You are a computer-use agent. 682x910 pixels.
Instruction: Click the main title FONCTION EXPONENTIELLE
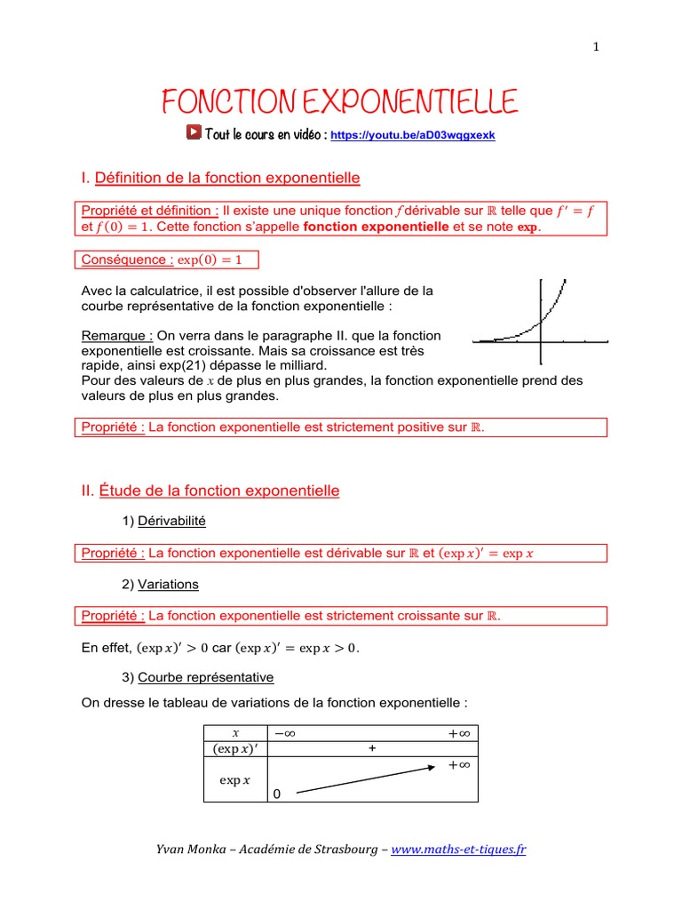(x=338, y=103)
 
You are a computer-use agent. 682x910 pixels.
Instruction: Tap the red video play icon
(x=194, y=132)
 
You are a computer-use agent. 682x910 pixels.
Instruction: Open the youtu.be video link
(x=412, y=135)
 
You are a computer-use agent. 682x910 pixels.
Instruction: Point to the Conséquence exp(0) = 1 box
(x=167, y=259)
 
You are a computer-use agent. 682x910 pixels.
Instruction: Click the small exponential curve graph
(x=541, y=322)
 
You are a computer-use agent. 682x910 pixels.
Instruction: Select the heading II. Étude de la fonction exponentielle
(x=210, y=491)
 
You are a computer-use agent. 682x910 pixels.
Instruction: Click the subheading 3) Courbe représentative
(x=197, y=677)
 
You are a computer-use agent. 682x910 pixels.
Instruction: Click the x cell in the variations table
(x=235, y=732)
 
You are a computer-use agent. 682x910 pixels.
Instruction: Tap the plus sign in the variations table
(x=372, y=749)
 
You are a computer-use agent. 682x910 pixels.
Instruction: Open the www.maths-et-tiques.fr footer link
(x=458, y=850)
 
